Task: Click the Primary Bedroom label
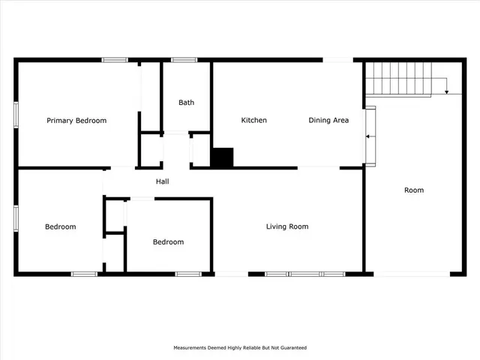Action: (x=76, y=121)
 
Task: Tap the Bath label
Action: (x=186, y=103)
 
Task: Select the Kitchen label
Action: (x=253, y=121)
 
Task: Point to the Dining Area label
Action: (x=328, y=121)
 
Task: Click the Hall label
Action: (x=162, y=181)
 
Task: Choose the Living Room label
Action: (x=287, y=226)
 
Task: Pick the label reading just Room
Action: (x=414, y=190)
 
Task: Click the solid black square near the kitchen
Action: (x=222, y=157)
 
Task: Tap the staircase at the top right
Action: (x=399, y=79)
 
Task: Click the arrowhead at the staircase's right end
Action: (x=447, y=91)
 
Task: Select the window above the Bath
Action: (x=184, y=59)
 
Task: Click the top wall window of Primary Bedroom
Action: (x=115, y=59)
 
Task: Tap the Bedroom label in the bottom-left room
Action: (x=60, y=226)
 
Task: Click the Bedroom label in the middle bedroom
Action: (x=168, y=241)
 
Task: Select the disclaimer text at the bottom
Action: (x=240, y=348)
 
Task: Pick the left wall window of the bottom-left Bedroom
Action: (x=16, y=216)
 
